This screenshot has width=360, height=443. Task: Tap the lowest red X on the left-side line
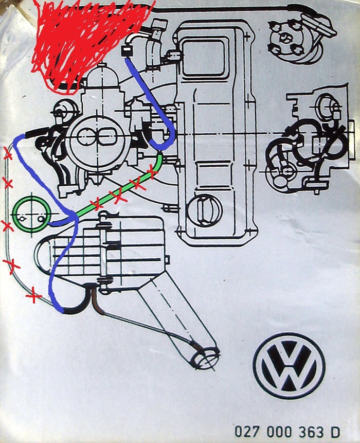(33, 296)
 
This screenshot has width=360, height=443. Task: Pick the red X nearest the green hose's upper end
(152, 170)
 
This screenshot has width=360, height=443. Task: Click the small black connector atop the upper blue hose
(127, 51)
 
